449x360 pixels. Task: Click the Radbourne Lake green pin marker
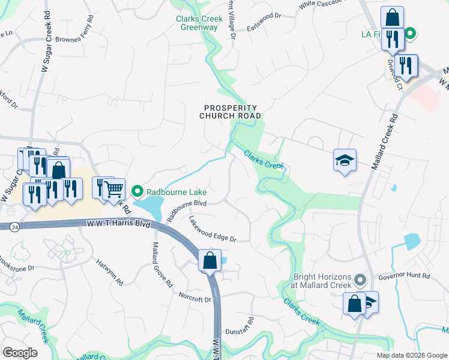tap(137, 192)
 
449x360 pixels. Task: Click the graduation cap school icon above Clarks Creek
tap(345, 160)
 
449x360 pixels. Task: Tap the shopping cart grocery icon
tap(113, 190)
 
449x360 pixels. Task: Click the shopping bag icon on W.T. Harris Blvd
tap(209, 262)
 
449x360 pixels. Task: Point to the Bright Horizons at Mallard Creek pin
tap(360, 280)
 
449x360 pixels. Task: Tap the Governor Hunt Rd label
tap(405, 277)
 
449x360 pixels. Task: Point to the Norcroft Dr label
tap(195, 296)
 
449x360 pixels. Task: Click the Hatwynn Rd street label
tap(110, 271)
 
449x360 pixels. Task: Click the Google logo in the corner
tap(20, 353)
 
